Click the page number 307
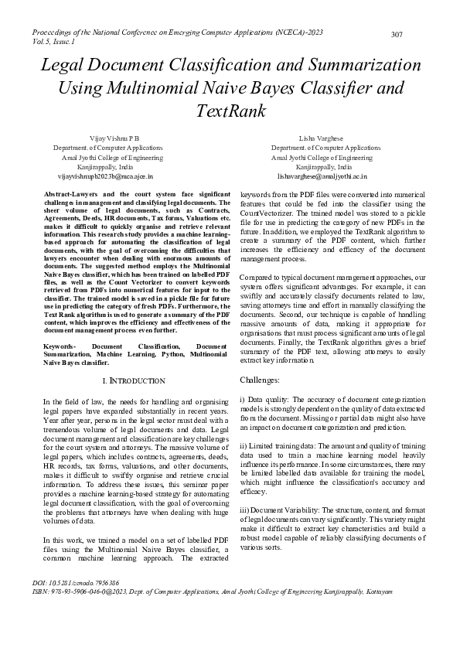coord(397,35)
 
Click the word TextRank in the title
coord(230,111)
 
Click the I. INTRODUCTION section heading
coord(134,381)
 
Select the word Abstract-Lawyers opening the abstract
coord(73,193)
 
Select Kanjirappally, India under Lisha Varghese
coord(324,166)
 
